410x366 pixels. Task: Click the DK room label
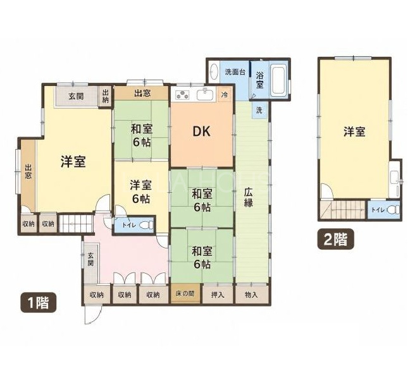(x=201, y=131)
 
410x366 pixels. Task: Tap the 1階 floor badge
(x=39, y=302)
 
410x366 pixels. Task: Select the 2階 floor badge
(x=336, y=239)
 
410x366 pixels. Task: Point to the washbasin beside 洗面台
(x=214, y=71)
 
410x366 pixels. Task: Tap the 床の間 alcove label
(x=185, y=294)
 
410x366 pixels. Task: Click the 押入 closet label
(x=218, y=295)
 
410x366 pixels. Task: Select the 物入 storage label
(x=251, y=295)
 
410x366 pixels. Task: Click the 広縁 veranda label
(x=248, y=197)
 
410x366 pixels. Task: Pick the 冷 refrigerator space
(x=225, y=95)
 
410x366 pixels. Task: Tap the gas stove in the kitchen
(x=182, y=95)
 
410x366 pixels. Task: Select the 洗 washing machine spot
(x=259, y=110)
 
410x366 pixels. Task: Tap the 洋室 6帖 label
(x=140, y=192)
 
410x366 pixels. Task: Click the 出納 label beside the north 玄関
(x=106, y=96)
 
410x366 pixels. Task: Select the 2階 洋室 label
(x=354, y=131)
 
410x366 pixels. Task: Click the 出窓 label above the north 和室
(x=142, y=93)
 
